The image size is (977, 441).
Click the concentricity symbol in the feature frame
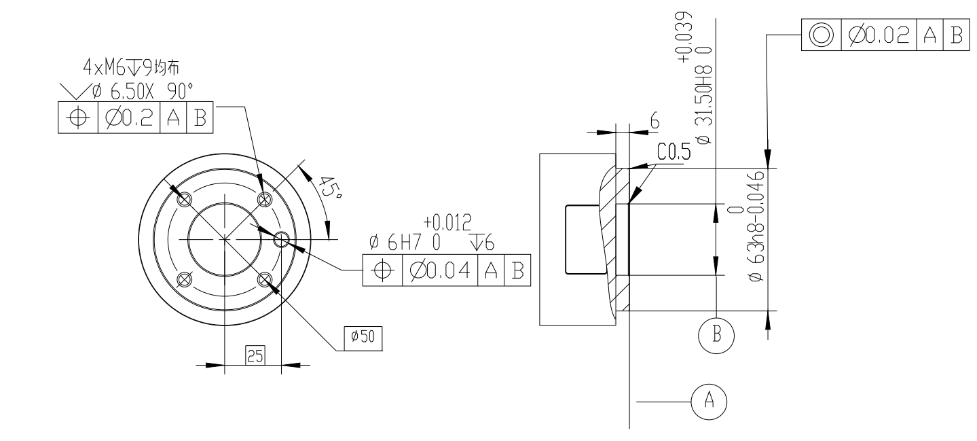point(820,34)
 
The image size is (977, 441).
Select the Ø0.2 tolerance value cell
point(128,118)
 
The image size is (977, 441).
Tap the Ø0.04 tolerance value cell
point(439,269)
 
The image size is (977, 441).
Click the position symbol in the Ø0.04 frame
point(384,269)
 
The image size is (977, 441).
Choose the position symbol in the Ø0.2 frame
point(79,118)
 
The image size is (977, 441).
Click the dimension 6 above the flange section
point(655,121)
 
